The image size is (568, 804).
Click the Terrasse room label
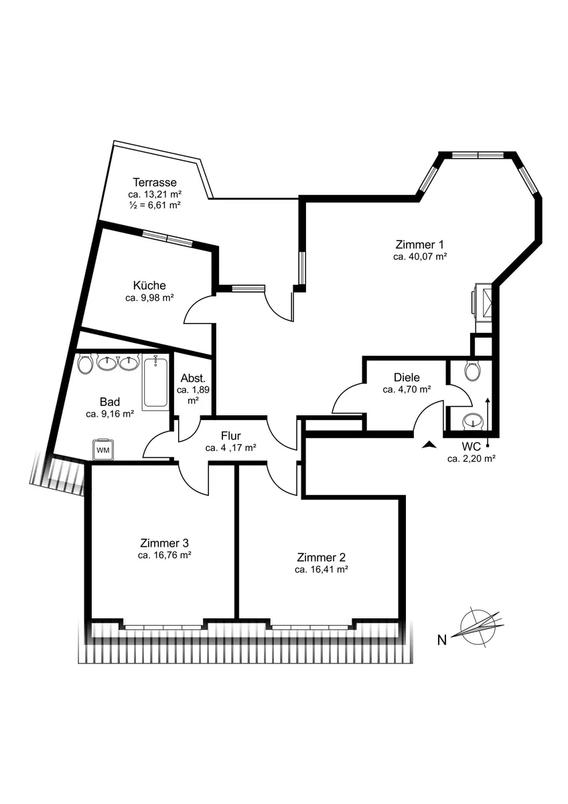(x=155, y=182)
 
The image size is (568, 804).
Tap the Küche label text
(x=149, y=285)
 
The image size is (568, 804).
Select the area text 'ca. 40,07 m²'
(x=420, y=257)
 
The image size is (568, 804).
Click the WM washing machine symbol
(x=103, y=449)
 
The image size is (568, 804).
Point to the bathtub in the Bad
(x=155, y=383)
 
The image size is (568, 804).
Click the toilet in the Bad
(x=86, y=364)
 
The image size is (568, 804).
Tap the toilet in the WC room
(x=473, y=371)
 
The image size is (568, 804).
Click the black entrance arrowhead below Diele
(x=429, y=445)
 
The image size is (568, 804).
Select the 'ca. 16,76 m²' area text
(x=164, y=555)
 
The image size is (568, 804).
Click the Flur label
(x=230, y=436)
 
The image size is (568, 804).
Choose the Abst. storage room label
(x=193, y=378)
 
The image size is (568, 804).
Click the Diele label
(x=407, y=377)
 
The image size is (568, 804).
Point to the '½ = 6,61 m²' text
(x=154, y=205)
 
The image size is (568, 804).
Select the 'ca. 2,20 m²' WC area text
(x=471, y=459)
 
